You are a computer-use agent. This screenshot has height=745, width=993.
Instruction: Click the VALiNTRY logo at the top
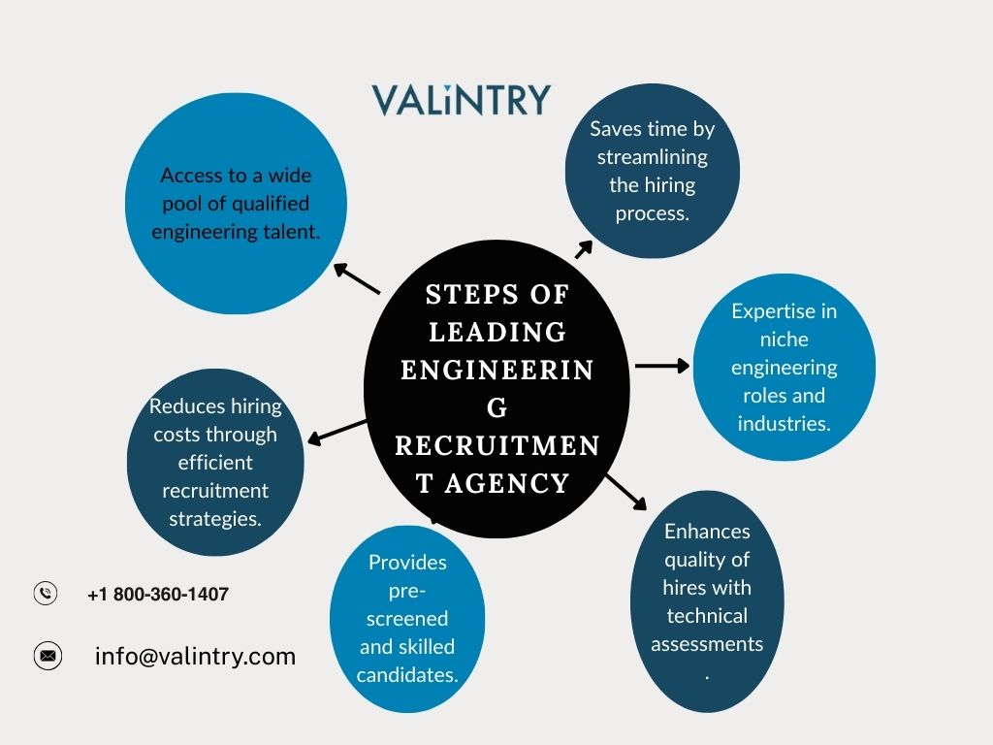[461, 100]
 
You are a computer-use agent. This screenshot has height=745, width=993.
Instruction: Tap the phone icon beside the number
[46, 594]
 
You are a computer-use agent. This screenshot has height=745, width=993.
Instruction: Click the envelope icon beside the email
[47, 656]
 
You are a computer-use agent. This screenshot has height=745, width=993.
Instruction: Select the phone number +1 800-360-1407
[158, 595]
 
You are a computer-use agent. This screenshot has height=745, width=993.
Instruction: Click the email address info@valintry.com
[195, 656]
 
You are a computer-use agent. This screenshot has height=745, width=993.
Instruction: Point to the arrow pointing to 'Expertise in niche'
[661, 366]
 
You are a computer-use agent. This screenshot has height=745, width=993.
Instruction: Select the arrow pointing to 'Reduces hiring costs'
[336, 431]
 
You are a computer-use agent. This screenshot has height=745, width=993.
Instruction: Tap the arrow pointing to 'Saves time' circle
[584, 249]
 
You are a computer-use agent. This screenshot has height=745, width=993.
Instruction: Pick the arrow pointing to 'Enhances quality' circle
[625, 492]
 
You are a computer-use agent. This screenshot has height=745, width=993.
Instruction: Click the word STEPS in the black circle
[461, 294]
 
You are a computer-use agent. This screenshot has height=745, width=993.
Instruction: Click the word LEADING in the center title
[497, 332]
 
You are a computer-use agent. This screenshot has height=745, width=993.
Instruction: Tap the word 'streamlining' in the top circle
[653, 156]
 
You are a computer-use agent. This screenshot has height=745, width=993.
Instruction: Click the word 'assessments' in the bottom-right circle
[707, 643]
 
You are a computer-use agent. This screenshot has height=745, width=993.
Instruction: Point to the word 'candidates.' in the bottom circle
[407, 674]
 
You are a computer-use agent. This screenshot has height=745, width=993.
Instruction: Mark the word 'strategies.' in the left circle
[215, 518]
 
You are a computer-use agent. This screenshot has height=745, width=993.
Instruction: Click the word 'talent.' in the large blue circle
[291, 231]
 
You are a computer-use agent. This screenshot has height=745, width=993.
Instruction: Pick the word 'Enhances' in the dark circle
[707, 531]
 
